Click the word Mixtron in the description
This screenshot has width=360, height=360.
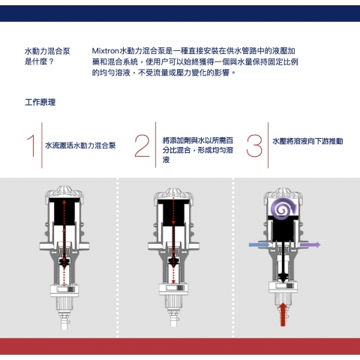tap(105, 51)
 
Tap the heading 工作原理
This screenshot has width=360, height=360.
tap(40, 102)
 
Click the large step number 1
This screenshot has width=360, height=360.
tap(31, 145)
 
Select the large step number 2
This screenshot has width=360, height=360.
tap(142, 145)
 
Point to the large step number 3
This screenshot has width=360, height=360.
tap(254, 145)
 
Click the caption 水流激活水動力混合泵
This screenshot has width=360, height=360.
tap(80, 145)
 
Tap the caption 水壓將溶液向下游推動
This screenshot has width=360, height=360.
tap(307, 141)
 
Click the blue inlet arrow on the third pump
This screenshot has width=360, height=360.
tap(259, 244)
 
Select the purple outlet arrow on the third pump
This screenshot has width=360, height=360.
tap(310, 244)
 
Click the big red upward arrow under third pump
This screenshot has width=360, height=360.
tap(283, 314)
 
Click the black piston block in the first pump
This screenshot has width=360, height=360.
tap(64, 211)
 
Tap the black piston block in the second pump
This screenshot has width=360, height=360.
tap(173, 212)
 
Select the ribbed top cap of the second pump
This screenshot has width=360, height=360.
tap(173, 193)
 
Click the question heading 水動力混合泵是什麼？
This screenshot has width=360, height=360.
tap(47, 56)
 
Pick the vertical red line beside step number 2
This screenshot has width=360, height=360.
tap(155, 145)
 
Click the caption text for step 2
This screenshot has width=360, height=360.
tap(198, 150)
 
